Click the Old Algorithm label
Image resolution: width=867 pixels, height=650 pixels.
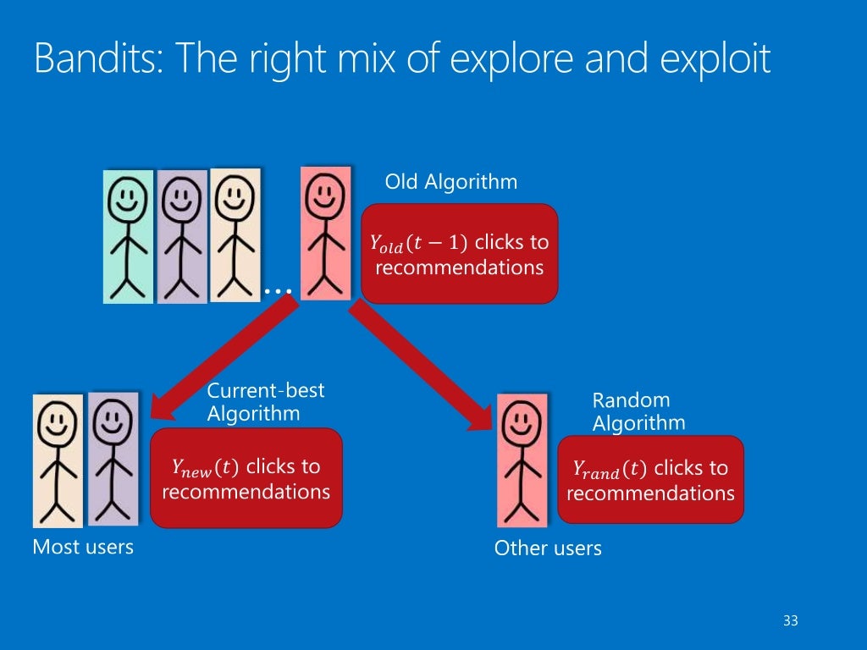pyautogui.click(x=450, y=182)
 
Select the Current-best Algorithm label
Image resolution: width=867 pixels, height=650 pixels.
pyautogui.click(x=265, y=402)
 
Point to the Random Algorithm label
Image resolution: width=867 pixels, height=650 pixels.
pyautogui.click(x=638, y=411)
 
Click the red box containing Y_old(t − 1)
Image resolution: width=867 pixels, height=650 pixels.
pyautogui.click(x=459, y=254)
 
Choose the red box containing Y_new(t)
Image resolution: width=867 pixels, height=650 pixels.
pyautogui.click(x=246, y=478)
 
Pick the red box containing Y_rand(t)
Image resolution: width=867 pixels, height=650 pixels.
pyautogui.click(x=650, y=480)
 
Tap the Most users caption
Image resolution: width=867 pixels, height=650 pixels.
pyautogui.click(x=83, y=547)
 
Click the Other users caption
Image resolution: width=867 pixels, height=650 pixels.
pyautogui.click(x=548, y=548)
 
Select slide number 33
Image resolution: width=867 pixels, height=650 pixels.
pyautogui.click(x=791, y=621)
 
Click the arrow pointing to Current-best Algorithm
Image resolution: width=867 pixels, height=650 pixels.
pyautogui.click(x=224, y=359)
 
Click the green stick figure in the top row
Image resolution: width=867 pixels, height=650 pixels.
pyautogui.click(x=128, y=236)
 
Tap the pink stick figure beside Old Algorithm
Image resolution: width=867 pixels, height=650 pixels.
pyautogui.click(x=325, y=233)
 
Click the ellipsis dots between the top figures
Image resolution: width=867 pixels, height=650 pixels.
pyautogui.click(x=278, y=290)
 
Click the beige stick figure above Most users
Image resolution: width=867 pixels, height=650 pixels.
pyautogui.click(x=58, y=460)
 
